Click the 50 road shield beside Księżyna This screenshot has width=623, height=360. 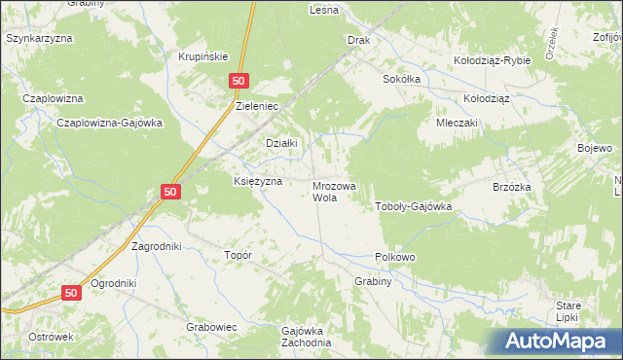click(x=170, y=193)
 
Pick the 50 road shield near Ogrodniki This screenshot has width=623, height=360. click(x=72, y=292)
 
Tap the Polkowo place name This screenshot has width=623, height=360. click(x=395, y=257)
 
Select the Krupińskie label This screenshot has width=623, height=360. click(x=202, y=56)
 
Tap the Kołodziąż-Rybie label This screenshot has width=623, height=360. click(x=493, y=60)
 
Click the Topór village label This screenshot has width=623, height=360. click(x=238, y=255)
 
